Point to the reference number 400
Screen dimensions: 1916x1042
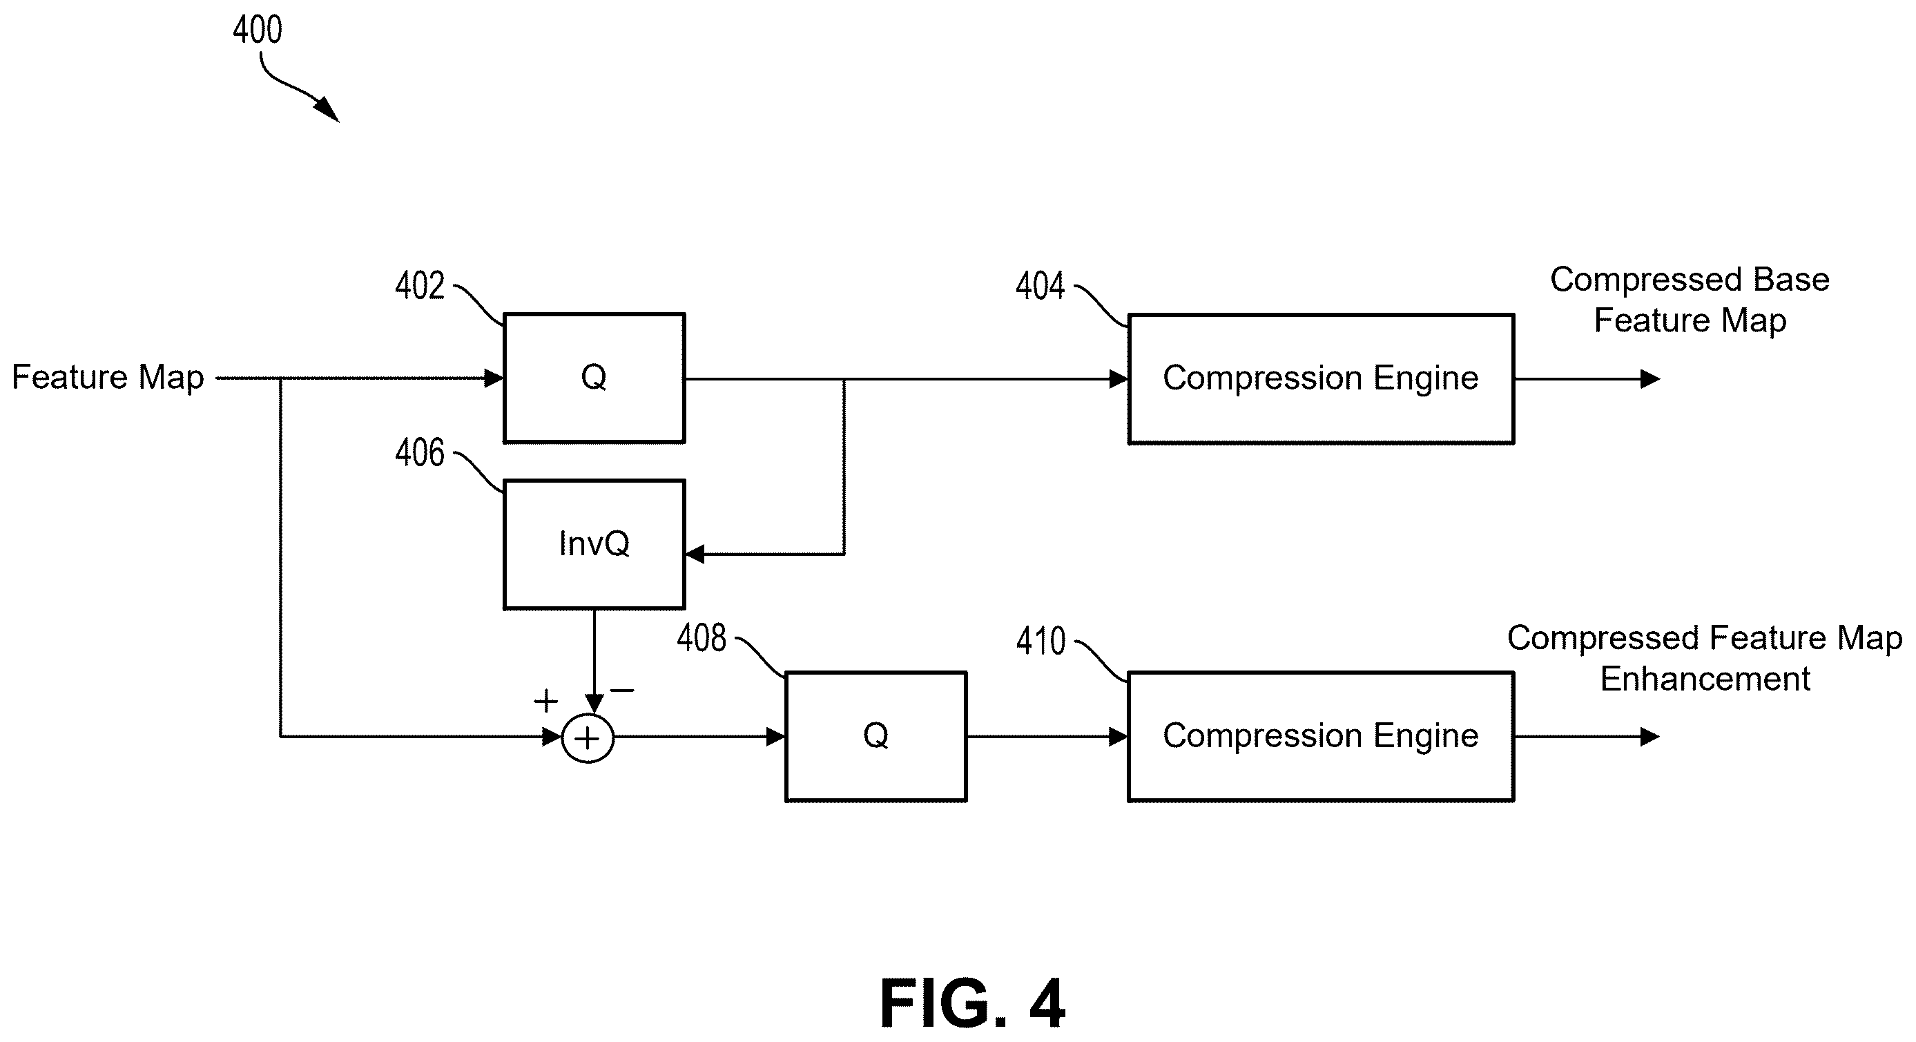pos(258,30)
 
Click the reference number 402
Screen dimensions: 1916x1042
pos(420,287)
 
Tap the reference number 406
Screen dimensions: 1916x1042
pos(420,453)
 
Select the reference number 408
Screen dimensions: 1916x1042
pos(701,638)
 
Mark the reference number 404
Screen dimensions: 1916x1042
pos(1040,287)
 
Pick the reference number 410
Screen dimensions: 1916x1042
pos(1041,641)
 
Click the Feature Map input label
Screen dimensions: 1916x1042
pos(108,377)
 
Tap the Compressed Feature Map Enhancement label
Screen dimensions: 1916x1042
pos(1705,658)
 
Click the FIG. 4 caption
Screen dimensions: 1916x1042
pos(972,1003)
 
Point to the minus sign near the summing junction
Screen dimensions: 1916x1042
pos(622,691)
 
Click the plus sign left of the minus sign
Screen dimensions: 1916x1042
pos(546,701)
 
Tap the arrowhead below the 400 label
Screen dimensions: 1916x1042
pos(328,110)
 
